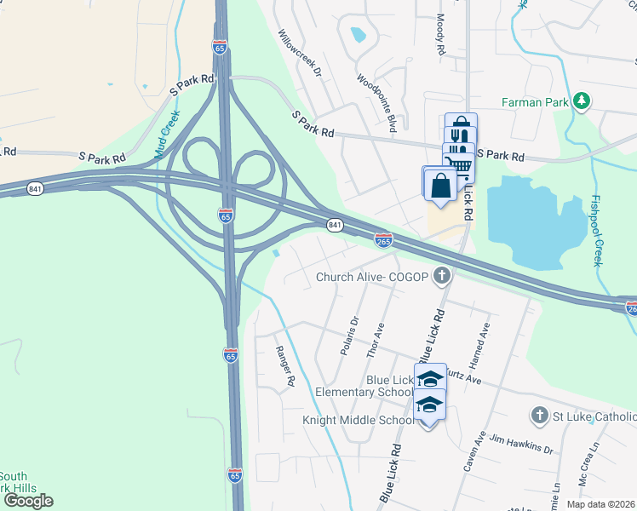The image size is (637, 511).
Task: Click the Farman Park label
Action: [x=534, y=102]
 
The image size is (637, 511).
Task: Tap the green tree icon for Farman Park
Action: [x=582, y=102]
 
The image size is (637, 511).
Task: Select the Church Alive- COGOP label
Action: [x=372, y=276]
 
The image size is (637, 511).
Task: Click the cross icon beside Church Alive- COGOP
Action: [x=441, y=275]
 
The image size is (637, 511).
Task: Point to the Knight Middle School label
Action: [x=358, y=420]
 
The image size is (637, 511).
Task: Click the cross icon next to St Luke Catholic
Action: [x=537, y=416]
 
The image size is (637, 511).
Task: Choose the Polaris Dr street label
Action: [x=349, y=336]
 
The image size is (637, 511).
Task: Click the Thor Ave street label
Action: [x=375, y=340]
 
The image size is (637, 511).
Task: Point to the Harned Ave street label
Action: [x=483, y=340]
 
